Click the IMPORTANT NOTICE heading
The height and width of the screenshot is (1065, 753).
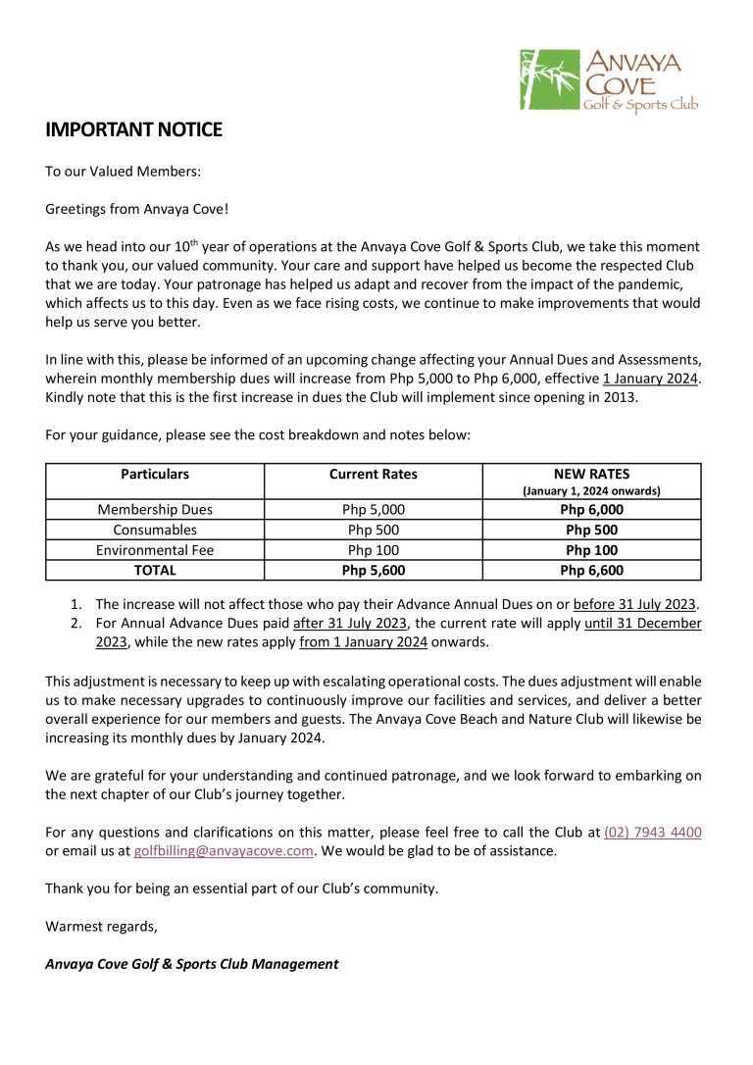click(133, 129)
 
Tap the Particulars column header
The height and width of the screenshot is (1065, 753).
click(155, 474)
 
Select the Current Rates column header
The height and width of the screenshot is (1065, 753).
click(373, 474)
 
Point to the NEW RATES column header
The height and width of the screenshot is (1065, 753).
click(591, 474)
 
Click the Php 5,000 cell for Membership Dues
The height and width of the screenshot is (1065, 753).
click(373, 509)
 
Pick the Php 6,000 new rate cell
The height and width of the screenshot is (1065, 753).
click(591, 509)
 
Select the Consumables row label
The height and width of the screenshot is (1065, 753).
click(155, 530)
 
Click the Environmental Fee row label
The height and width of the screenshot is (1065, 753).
click(155, 550)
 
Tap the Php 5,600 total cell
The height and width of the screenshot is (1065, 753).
click(373, 570)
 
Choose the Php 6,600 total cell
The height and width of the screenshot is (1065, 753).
click(591, 570)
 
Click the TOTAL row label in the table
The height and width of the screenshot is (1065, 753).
click(155, 570)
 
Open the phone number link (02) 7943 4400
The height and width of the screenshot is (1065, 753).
click(652, 833)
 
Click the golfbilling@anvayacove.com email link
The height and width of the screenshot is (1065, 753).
click(224, 851)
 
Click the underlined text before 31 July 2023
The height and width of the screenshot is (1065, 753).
click(634, 604)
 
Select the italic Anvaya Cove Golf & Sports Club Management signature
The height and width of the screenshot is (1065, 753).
click(191, 964)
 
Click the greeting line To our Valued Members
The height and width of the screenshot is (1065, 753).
click(123, 171)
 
